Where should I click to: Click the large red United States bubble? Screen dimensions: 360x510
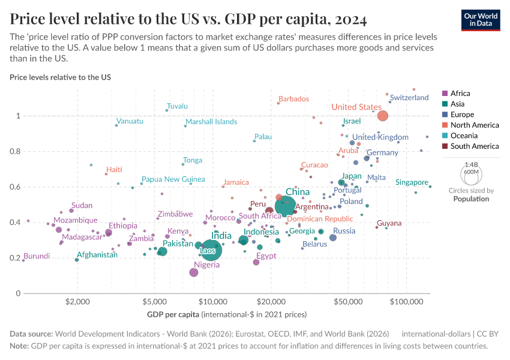pyautogui.click(x=383, y=116)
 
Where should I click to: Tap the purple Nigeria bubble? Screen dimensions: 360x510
pyautogui.click(x=194, y=272)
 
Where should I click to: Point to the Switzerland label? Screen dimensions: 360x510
pyautogui.click(x=409, y=98)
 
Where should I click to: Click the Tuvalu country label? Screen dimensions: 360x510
pyautogui.click(x=178, y=106)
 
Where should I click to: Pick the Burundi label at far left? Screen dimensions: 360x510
pyautogui.click(x=36, y=256)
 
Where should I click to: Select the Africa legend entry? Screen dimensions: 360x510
pyautogui.click(x=460, y=94)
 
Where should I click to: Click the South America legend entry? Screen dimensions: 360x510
pyautogui.click(x=474, y=146)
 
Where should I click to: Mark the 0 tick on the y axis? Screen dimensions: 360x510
pyautogui.click(x=19, y=293)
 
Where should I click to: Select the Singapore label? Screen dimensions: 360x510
pyautogui.click(x=412, y=182)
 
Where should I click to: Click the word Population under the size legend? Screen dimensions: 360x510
pyautogui.click(x=471, y=199)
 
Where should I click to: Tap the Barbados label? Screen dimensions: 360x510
pyautogui.click(x=294, y=99)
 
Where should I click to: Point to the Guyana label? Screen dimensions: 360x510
pyautogui.click(x=389, y=223)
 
